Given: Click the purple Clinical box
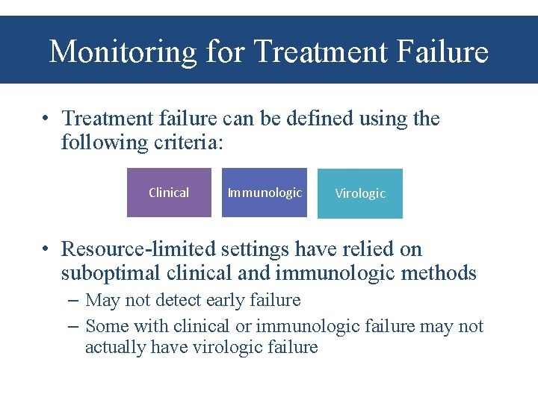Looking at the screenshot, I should pyautogui.click(x=169, y=193).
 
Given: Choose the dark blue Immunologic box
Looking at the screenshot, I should pyautogui.click(x=265, y=193).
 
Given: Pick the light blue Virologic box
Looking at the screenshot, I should pyautogui.click(x=359, y=193).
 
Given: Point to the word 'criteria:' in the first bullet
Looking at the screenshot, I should pyautogui.click(x=186, y=143).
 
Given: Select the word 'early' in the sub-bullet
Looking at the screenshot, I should pyautogui.click(x=214, y=301).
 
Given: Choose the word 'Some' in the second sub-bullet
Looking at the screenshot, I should pyautogui.click(x=105, y=326).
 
